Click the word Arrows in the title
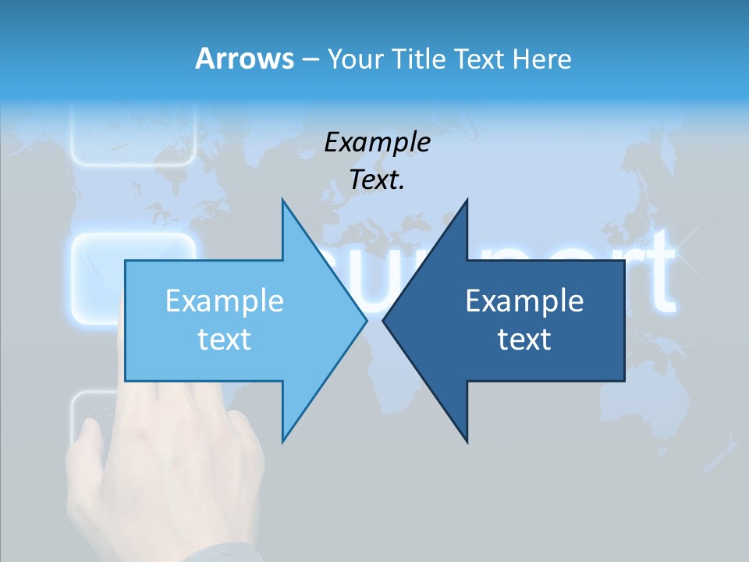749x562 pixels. click(x=243, y=59)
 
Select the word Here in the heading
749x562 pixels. click(x=541, y=59)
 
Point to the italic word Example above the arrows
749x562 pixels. click(x=378, y=142)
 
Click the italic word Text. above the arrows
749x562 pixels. click(x=378, y=180)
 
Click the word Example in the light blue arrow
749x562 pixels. click(x=225, y=301)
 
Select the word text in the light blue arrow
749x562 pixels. click(x=225, y=340)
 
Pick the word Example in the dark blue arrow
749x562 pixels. click(x=524, y=301)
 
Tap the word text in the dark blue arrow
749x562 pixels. click(x=524, y=340)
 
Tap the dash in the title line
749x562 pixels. click(x=310, y=59)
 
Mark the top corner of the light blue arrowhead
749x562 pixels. click(x=282, y=201)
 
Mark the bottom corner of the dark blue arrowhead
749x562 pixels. click(x=467, y=442)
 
